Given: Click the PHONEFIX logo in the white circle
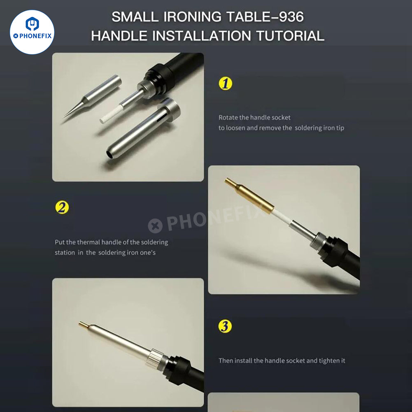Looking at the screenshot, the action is coord(32,32).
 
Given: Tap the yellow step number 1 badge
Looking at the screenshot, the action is coord(225,83).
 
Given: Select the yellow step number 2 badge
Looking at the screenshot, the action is coord(62,207).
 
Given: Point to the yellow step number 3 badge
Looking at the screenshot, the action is coord(225,326).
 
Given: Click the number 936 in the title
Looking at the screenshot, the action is coord(291,17).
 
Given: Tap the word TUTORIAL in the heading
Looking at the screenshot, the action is coord(290,36).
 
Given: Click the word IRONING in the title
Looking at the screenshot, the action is coord(192,17).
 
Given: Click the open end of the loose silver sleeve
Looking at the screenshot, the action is coord(109,155).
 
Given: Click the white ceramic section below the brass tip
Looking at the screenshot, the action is coord(282,218).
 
